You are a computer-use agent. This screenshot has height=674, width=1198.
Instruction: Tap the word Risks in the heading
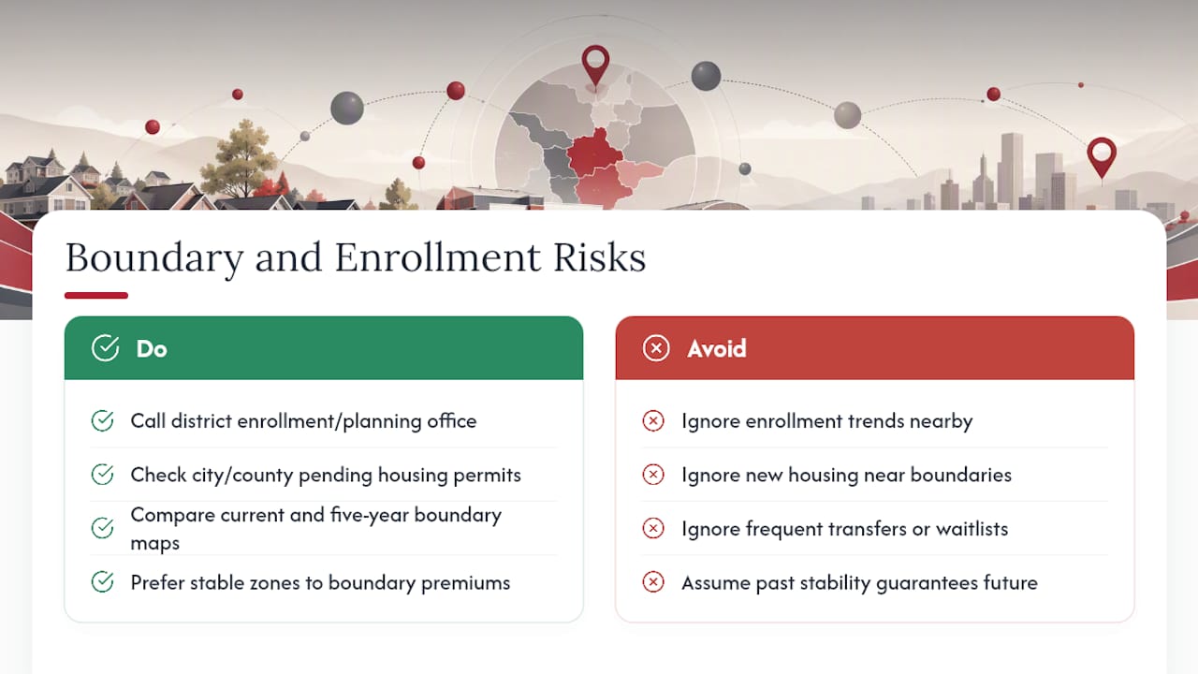(x=600, y=257)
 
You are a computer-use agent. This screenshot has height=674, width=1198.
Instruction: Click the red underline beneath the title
(x=96, y=295)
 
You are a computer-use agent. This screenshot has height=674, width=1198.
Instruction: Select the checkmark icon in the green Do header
(x=106, y=348)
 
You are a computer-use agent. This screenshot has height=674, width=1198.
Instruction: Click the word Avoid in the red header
(x=717, y=349)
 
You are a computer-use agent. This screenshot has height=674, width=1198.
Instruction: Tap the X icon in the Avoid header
(x=656, y=348)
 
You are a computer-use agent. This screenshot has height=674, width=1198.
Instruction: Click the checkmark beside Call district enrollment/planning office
(x=102, y=421)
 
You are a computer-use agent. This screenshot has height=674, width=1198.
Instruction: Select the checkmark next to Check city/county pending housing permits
(x=102, y=475)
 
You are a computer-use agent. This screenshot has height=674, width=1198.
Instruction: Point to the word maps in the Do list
(x=155, y=544)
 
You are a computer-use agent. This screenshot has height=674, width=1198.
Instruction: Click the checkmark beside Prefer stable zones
(x=102, y=582)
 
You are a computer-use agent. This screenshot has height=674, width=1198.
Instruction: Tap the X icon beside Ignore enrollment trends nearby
(x=653, y=421)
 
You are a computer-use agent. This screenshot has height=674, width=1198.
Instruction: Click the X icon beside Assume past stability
(x=653, y=582)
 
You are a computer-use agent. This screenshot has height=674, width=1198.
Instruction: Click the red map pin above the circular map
(x=595, y=66)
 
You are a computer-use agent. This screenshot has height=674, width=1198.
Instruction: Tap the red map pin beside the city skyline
(x=1102, y=157)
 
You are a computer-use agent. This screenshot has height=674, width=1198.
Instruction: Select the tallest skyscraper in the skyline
(x=1012, y=170)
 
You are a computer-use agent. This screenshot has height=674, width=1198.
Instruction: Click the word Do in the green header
(x=152, y=349)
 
